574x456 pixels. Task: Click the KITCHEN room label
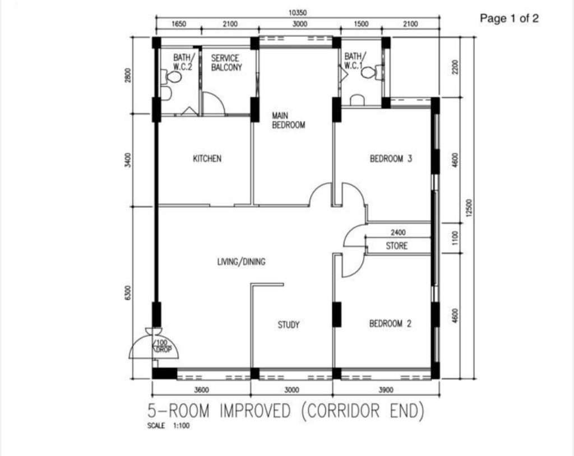pyautogui.click(x=207, y=159)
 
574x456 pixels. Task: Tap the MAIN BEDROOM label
pyautogui.click(x=289, y=120)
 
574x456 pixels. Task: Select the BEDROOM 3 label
pyautogui.click(x=391, y=159)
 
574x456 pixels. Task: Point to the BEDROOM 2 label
pyautogui.click(x=390, y=324)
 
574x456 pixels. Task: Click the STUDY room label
pyautogui.click(x=289, y=324)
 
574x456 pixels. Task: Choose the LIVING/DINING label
pyautogui.click(x=241, y=262)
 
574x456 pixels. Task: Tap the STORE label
pyautogui.click(x=396, y=245)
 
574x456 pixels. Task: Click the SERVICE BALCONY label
pyautogui.click(x=226, y=63)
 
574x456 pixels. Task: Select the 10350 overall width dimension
pyautogui.click(x=298, y=13)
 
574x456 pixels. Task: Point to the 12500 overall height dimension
pyautogui.click(x=470, y=207)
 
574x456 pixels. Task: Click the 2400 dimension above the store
pyautogui.click(x=398, y=232)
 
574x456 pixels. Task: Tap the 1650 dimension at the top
pyautogui.click(x=179, y=24)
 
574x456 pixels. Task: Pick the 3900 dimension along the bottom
pyautogui.click(x=386, y=390)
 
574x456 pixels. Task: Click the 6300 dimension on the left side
pyautogui.click(x=127, y=293)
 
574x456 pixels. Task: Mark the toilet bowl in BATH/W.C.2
pyautogui.click(x=174, y=77)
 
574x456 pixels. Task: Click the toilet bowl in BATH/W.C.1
pyautogui.click(x=370, y=72)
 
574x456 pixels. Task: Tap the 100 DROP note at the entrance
pyautogui.click(x=162, y=346)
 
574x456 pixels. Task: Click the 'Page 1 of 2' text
pyautogui.click(x=509, y=18)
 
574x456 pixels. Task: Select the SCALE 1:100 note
pyautogui.click(x=168, y=426)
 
